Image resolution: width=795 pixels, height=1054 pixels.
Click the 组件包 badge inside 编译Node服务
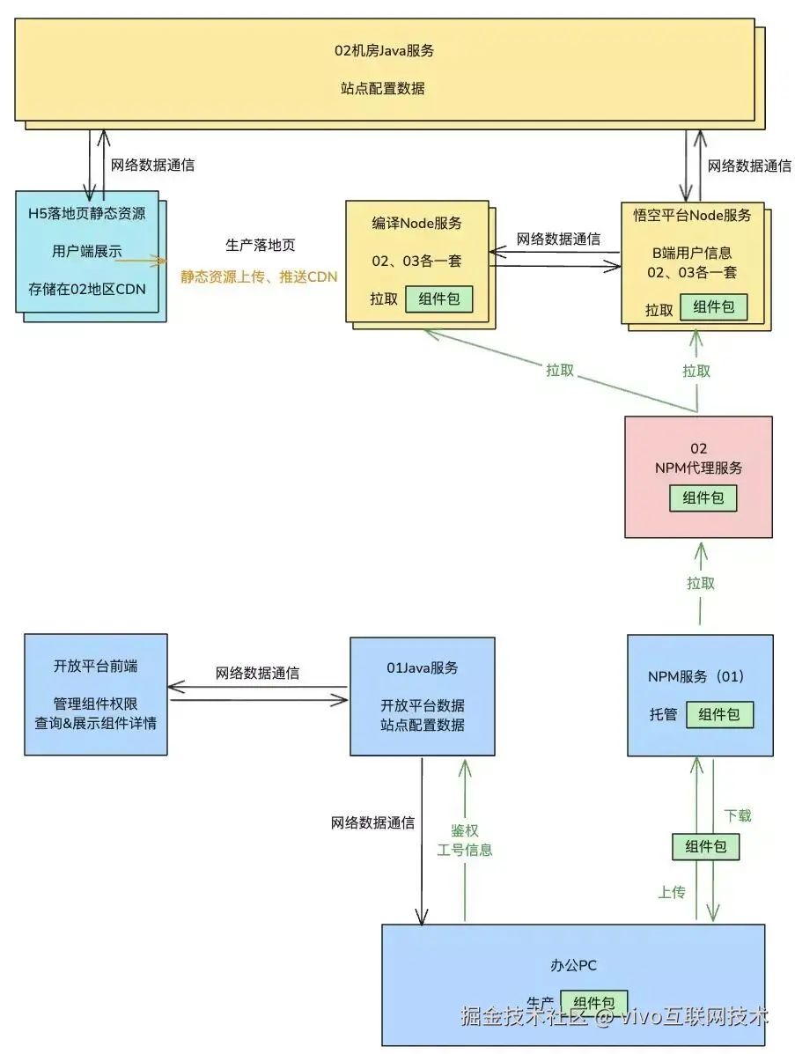[x=438, y=299]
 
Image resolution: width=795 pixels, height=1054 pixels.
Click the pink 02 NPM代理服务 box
[x=698, y=476]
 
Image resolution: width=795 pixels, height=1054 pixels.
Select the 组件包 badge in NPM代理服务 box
[x=703, y=498]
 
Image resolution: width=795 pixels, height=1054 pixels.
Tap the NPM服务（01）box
[x=700, y=695]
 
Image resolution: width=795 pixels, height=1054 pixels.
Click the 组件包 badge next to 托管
[x=719, y=714]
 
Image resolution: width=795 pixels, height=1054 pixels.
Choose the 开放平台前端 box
[x=95, y=695]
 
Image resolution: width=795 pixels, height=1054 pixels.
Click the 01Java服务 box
[x=422, y=697]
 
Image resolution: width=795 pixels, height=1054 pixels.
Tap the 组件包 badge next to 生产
[x=593, y=1003]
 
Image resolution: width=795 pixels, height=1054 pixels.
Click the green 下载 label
[x=737, y=815]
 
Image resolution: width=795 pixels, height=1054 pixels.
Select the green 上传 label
[x=671, y=892]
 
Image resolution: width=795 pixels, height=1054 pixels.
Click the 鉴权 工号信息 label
[x=464, y=840]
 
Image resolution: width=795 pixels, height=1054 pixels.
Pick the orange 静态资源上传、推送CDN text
[x=259, y=276]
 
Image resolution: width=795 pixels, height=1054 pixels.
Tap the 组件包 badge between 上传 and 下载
[x=705, y=846]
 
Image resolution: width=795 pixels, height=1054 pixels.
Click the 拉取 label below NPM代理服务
[x=700, y=583]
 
